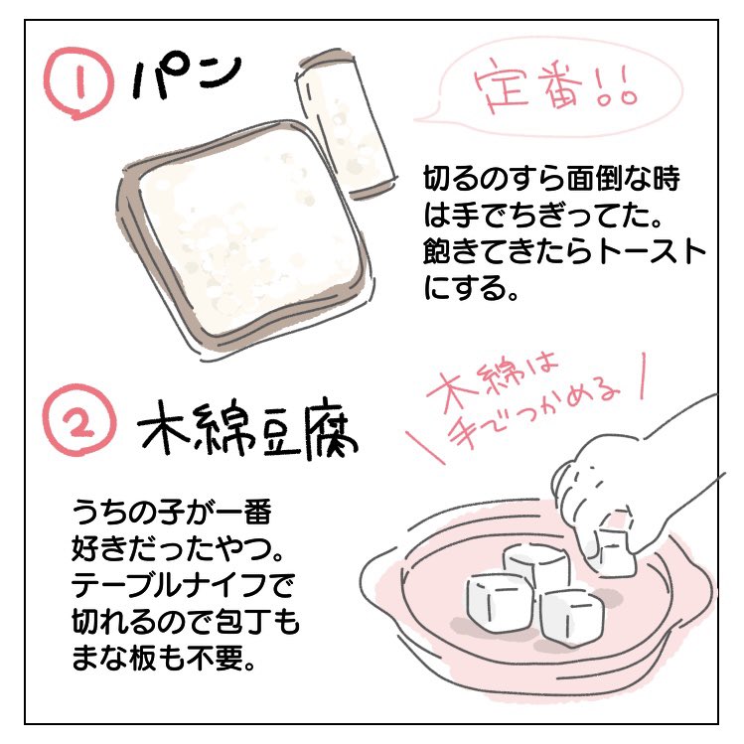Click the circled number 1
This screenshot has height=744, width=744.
tap(78, 83)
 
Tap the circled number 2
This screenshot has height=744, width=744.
tap(80, 420)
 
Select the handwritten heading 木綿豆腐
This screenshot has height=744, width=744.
tap(246, 430)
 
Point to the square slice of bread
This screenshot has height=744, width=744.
tap(244, 237)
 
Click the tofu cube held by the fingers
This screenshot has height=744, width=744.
tap(612, 551)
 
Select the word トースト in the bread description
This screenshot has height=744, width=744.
tap(653, 251)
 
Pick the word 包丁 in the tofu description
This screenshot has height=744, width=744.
tap(244, 622)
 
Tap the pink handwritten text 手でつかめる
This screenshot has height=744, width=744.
tap(531, 417)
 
